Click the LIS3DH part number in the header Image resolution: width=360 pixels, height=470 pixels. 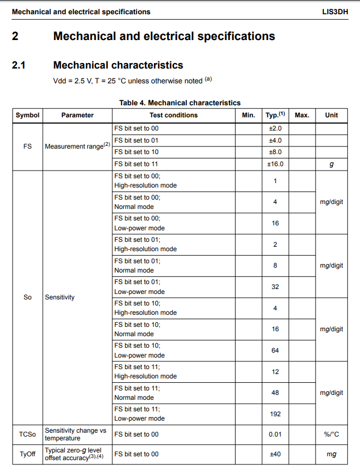(335, 12)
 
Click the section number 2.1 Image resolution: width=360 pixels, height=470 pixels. (19, 65)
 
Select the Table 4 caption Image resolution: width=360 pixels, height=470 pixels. (180, 103)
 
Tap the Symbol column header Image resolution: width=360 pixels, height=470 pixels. (27, 115)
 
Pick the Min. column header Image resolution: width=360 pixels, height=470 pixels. (248, 115)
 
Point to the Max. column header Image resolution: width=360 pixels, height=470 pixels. (302, 115)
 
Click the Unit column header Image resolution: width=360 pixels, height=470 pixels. (332, 115)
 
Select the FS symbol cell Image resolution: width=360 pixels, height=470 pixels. (27, 146)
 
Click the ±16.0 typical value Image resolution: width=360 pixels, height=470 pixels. (275, 164)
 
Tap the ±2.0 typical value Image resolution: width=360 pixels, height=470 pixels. (275, 128)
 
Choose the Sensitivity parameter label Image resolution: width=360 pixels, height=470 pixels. (60, 297)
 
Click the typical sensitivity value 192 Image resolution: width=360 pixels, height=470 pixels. (275, 414)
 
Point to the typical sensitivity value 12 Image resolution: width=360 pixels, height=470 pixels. (275, 372)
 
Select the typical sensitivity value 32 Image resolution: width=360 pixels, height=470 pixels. (275, 287)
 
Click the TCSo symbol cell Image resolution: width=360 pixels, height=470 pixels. (27, 434)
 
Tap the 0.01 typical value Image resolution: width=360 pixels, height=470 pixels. (275, 434)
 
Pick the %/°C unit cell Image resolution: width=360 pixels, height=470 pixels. (332, 434)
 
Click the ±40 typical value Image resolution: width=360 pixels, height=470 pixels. (275, 454)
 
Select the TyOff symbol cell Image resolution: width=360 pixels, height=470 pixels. (27, 454)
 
